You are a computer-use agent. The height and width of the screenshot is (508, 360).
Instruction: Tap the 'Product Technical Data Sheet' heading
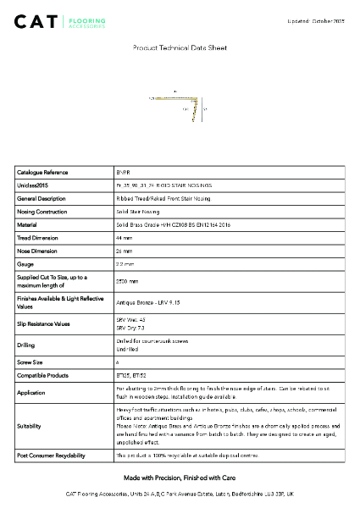[x=180, y=49]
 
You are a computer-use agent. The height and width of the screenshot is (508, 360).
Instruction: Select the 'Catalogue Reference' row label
[x=42, y=172]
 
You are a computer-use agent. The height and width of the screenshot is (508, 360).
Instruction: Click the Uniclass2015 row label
[x=35, y=185]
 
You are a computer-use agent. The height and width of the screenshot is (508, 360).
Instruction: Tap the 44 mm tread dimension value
[x=124, y=239]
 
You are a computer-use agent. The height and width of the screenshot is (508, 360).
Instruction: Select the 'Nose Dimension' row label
[x=39, y=252]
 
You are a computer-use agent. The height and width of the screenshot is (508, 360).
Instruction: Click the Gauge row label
[x=26, y=266]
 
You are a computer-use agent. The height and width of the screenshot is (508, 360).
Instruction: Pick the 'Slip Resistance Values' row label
[x=47, y=324]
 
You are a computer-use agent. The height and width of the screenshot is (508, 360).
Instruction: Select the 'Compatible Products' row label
[x=43, y=375]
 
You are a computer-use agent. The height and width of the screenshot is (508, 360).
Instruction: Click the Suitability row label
[x=30, y=427]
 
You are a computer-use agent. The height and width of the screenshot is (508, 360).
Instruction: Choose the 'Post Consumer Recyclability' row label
[x=51, y=456]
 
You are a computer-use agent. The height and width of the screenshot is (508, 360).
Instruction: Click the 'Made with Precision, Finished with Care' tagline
[x=180, y=478]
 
